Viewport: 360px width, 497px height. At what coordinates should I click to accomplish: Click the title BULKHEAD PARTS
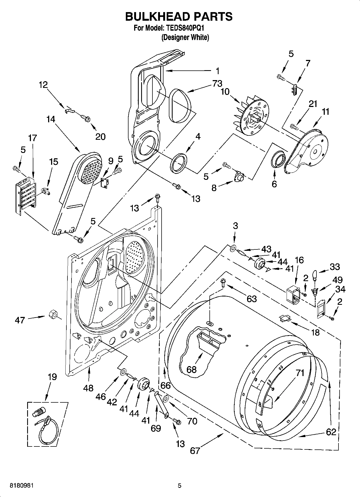[x=179, y=17]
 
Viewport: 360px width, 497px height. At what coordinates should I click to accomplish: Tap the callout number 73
[x=217, y=84]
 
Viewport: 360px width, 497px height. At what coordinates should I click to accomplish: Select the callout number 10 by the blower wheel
[x=225, y=92]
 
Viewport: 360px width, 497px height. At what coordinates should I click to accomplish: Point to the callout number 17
[x=32, y=138]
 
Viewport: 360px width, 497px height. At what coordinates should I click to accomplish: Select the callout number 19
[x=52, y=377]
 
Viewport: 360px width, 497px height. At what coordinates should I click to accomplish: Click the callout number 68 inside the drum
[x=191, y=370]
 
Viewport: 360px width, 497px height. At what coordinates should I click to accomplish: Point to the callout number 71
[x=300, y=373]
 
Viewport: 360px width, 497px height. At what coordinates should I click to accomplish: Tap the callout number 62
[x=331, y=432]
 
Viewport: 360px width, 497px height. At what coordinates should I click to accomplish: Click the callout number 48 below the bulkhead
[x=88, y=388]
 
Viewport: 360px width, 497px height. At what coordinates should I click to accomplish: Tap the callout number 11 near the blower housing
[x=325, y=112]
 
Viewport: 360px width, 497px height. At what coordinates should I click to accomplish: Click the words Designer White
[x=185, y=37]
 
